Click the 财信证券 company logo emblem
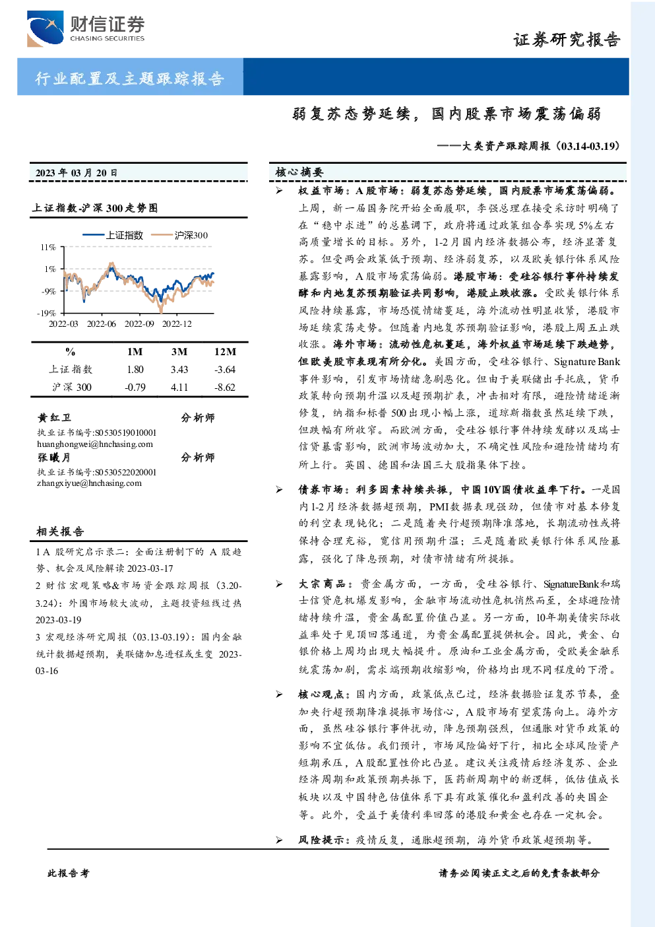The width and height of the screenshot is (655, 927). (x=45, y=28)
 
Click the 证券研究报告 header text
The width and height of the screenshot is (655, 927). (x=567, y=40)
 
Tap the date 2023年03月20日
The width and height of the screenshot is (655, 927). (x=76, y=173)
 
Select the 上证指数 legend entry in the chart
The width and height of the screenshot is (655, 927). (x=113, y=235)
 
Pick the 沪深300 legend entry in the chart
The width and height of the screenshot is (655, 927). (x=179, y=235)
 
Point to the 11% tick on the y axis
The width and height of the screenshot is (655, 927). (x=48, y=247)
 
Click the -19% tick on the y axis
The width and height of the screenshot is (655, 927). (x=46, y=313)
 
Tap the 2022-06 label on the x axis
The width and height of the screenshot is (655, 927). (x=102, y=324)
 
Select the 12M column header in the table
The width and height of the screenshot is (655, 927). (x=225, y=352)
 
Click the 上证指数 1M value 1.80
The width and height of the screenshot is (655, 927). (x=135, y=370)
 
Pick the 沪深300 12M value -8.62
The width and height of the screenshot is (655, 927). (x=224, y=388)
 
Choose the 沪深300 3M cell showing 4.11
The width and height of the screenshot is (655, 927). (x=179, y=388)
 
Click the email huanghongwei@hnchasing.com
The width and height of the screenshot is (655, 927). (x=95, y=444)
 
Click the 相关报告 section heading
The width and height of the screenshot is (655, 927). (x=60, y=532)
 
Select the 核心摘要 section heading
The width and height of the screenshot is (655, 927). (x=299, y=172)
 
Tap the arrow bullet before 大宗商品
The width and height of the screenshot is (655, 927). (x=280, y=584)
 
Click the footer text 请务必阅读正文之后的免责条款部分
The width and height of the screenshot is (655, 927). (x=519, y=874)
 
